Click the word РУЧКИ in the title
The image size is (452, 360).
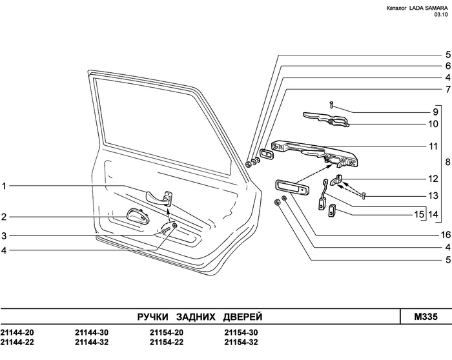click(x=153, y=317)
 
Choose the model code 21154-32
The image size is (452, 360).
click(x=241, y=342)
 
